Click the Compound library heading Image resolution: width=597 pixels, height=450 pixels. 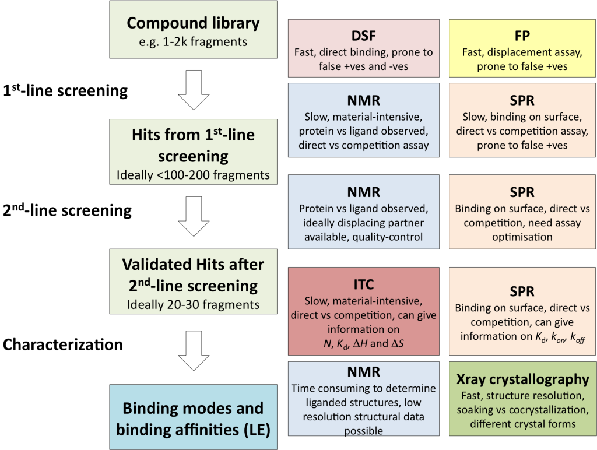click(x=192, y=23)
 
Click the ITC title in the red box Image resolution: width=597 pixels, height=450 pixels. click(x=363, y=284)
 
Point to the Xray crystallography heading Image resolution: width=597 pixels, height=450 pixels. click(x=522, y=379)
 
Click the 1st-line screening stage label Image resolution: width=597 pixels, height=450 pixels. click(x=65, y=91)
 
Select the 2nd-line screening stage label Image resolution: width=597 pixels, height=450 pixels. click(x=67, y=210)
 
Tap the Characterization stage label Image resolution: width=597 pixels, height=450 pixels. click(x=63, y=344)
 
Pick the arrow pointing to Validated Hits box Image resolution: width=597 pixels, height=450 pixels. click(x=193, y=216)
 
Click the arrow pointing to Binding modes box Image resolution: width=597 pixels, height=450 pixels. click(x=193, y=350)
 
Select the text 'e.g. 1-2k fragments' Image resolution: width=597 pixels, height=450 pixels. click(x=193, y=41)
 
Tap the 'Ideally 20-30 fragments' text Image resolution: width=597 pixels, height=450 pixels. click(x=193, y=304)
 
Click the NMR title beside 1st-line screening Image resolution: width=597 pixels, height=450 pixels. click(x=363, y=99)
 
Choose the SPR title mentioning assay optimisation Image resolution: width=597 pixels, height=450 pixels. click(x=522, y=192)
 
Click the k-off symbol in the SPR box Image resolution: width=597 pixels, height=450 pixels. click(x=576, y=337)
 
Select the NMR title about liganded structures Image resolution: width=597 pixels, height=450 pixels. click(x=363, y=371)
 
